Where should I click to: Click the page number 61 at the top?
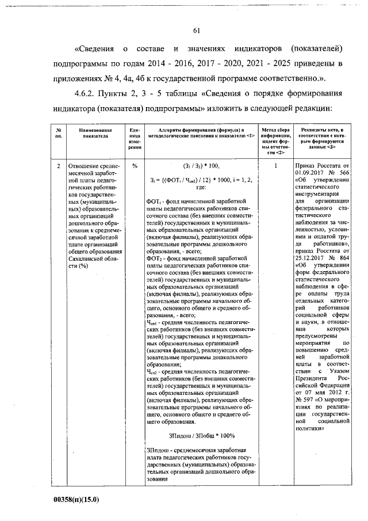(196, 31)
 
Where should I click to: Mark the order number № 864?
(341, 258)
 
